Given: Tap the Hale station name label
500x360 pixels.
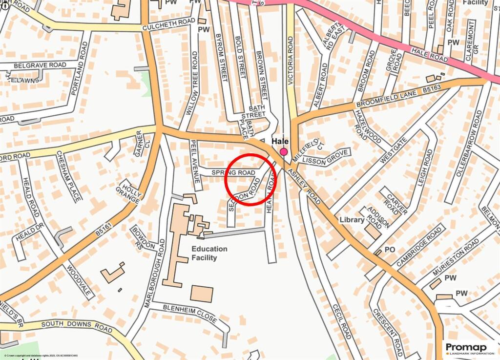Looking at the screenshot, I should tap(280, 140).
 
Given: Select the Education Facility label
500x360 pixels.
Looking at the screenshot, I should tap(209, 253).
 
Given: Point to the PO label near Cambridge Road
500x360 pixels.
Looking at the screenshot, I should tap(390, 250).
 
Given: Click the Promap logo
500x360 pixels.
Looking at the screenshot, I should tap(469, 348).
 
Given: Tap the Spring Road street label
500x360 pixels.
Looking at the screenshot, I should tap(233, 173).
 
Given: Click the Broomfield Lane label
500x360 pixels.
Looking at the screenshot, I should tap(386, 99).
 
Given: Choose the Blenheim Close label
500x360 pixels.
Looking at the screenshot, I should tap(183, 313).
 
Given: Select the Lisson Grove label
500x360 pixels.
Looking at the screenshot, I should tap(325, 157).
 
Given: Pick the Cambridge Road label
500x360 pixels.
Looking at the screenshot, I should tap(418, 246).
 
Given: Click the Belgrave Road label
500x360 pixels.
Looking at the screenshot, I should tap(40, 65).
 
